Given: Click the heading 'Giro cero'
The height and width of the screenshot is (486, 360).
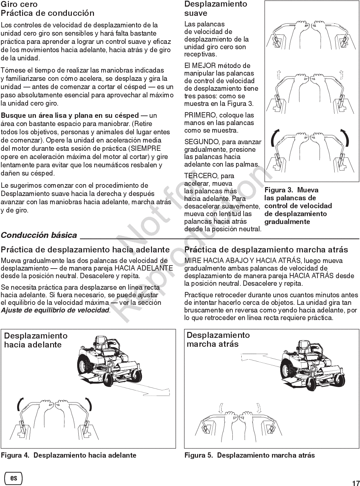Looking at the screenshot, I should pyautogui.click(x=19, y=4).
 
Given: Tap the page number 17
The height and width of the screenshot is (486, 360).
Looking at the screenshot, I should pyautogui.click(x=355, y=482).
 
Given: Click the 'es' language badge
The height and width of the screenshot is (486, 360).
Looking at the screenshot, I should pyautogui.click(x=14, y=478).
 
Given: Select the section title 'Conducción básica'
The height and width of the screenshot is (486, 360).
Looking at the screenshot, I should pyautogui.click(x=39, y=235).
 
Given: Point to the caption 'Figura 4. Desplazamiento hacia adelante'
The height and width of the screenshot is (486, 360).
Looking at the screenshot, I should pyautogui.click(x=69, y=455).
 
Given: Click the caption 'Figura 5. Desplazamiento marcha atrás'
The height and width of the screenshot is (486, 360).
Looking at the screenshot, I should pyautogui.click(x=250, y=455).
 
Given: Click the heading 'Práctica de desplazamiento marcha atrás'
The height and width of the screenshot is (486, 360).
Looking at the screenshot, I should pyautogui.click(x=266, y=250).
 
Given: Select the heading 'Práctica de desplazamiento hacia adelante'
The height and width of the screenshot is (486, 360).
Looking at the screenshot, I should pyautogui.click(x=85, y=250).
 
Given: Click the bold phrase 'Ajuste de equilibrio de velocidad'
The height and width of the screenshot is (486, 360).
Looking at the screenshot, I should pyautogui.click(x=55, y=310).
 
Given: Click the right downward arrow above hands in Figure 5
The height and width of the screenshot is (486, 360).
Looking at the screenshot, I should pyautogui.click(x=259, y=408).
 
